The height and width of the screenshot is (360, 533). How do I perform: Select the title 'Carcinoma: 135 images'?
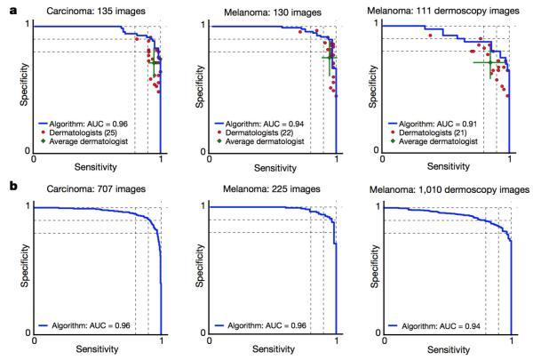tap(98, 11)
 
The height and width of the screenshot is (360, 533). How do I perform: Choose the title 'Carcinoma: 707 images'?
tap(98, 189)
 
